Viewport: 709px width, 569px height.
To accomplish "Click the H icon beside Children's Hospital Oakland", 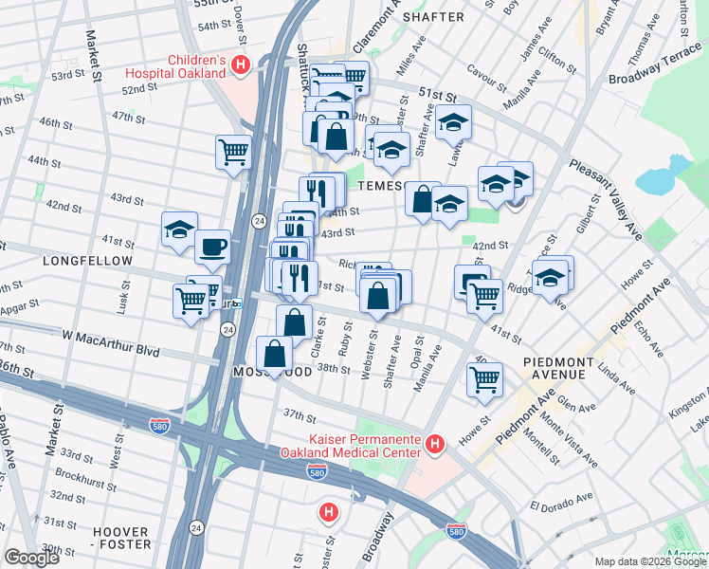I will point(241,64).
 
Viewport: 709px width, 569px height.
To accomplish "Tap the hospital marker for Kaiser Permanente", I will point(435,444).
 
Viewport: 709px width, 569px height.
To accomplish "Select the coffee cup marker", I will point(212,247).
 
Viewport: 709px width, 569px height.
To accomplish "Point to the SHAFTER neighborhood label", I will point(433,17).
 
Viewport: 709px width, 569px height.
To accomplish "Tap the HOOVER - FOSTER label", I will point(120,538).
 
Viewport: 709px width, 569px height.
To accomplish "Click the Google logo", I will point(31,558).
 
